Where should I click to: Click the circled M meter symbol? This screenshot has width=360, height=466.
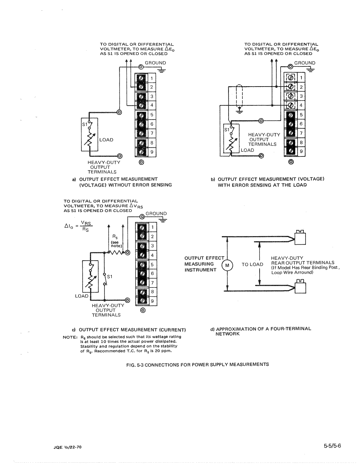(227, 265)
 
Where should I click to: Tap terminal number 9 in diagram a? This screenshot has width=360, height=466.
(152, 152)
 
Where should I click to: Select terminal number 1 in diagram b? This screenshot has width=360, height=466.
(301, 78)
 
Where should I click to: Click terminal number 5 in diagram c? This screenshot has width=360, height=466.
(152, 265)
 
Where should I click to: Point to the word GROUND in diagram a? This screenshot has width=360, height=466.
(155, 63)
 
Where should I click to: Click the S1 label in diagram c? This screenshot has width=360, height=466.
(109, 276)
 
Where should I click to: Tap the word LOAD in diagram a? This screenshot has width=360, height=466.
(106, 140)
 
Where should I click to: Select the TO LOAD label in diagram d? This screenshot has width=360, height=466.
(252, 264)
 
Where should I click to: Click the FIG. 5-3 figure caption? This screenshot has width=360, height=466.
(197, 364)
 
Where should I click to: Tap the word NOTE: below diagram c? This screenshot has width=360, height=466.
(70, 337)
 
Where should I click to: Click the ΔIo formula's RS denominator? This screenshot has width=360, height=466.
(85, 229)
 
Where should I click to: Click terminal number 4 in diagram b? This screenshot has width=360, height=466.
(301, 105)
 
